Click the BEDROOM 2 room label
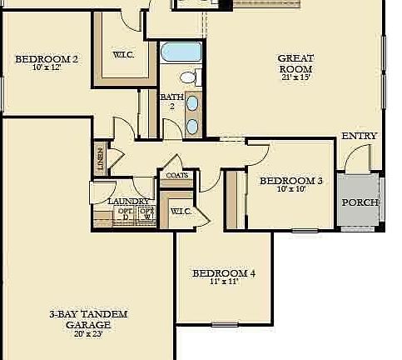coord(47,58)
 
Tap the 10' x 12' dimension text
coord(47,67)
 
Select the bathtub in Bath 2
coord(181,52)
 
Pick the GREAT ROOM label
coord(295,63)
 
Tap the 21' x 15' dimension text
coord(295,77)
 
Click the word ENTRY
coord(360,136)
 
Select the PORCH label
coord(360,202)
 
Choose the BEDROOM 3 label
coord(290,180)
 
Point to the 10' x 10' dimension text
coord(290,189)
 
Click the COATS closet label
coord(177,176)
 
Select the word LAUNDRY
coord(128,202)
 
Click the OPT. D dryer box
coord(125,214)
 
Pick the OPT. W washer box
coord(146,214)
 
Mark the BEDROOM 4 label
coord(224,273)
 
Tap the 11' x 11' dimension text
coord(224,282)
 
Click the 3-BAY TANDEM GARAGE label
coord(88,319)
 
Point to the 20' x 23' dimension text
coord(88,333)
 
